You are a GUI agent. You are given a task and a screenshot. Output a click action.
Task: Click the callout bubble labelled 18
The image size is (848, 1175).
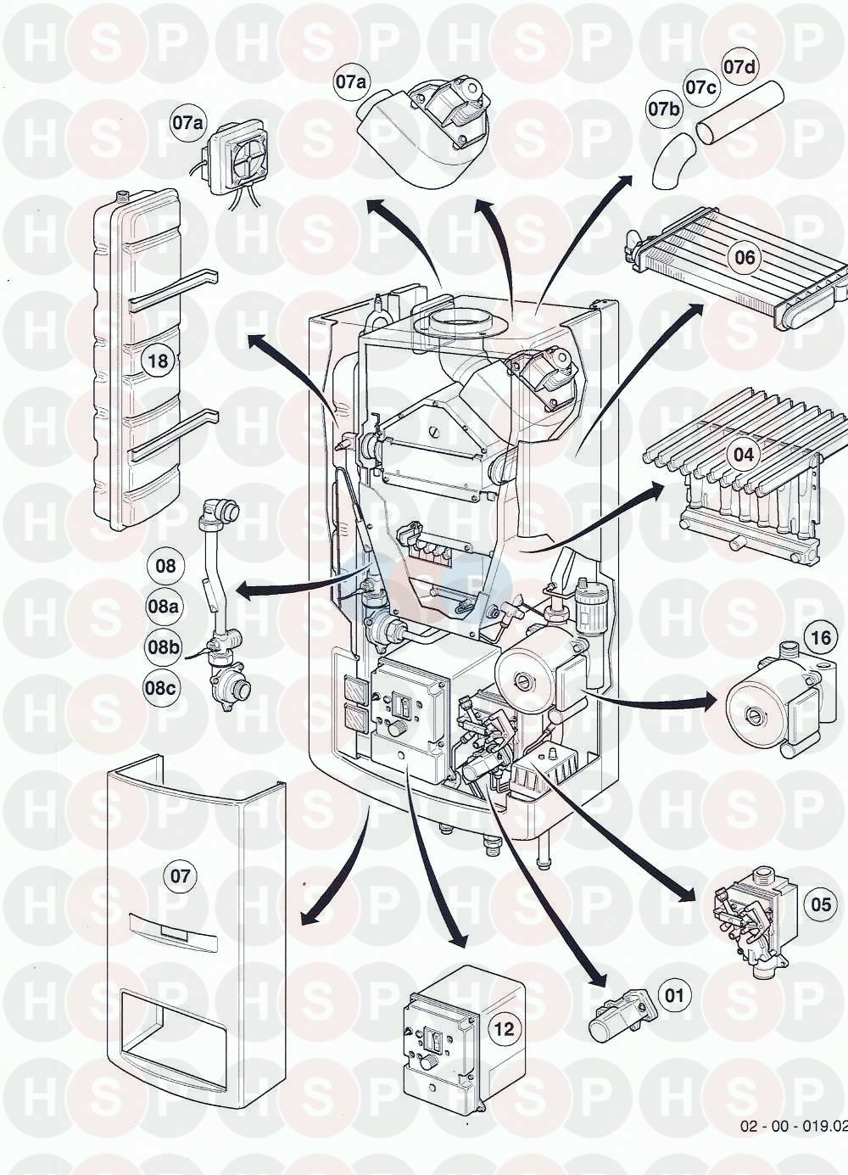159,361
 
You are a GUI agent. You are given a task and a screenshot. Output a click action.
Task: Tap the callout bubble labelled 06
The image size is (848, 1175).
745,257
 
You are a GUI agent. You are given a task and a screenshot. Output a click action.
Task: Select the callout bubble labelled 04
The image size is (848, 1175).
743,456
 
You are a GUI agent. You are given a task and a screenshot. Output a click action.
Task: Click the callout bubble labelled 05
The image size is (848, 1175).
821,905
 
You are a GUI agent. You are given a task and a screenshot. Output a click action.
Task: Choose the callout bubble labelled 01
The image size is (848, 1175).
674,994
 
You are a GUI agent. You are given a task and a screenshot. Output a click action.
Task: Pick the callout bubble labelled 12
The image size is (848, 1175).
504,1030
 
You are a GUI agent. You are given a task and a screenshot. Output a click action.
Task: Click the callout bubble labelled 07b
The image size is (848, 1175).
665,109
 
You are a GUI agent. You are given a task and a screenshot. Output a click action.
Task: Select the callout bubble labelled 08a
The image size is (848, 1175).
164,607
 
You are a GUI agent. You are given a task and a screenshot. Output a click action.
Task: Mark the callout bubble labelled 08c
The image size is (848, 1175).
160,688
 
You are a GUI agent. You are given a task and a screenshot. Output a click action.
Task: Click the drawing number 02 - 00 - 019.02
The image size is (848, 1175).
793,1126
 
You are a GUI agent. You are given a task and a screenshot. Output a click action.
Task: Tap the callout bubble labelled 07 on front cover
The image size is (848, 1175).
181,876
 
